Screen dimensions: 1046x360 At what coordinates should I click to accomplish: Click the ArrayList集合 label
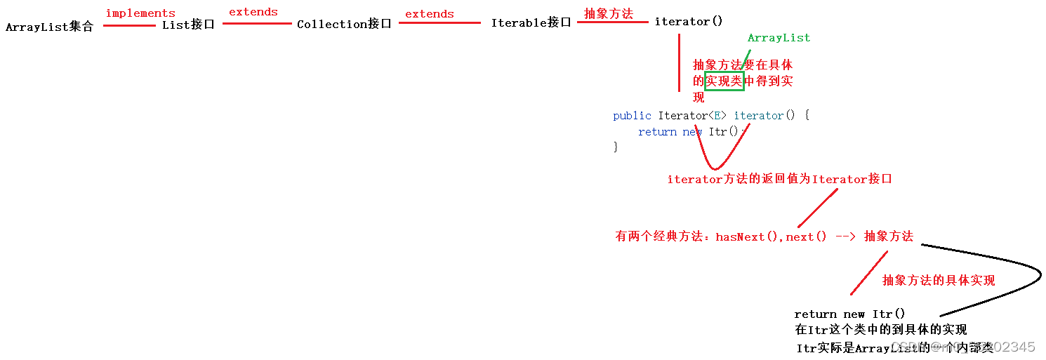pos(49,27)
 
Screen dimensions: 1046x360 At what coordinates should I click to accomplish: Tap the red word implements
pos(140,13)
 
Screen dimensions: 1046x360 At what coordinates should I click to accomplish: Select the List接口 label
pos(188,25)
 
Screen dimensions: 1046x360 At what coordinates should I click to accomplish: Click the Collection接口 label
pos(344,24)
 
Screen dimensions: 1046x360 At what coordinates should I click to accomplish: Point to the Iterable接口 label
pos(531,22)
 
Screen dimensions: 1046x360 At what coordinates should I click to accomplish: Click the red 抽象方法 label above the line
pos(609,13)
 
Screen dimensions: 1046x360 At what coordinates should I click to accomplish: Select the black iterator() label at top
pos(688,22)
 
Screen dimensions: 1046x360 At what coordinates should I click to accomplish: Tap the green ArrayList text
pos(779,38)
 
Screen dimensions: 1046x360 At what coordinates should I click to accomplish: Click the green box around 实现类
pos(724,81)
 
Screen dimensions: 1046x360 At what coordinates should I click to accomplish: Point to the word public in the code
pos(632,116)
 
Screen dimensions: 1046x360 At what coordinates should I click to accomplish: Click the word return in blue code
pos(657,132)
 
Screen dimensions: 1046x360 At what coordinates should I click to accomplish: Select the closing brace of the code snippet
pos(616,147)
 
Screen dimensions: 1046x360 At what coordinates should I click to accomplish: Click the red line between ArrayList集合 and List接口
pos(129,26)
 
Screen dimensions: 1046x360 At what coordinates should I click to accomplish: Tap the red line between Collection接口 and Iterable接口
pos(439,23)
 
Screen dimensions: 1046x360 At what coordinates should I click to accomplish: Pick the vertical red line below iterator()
pos(679,63)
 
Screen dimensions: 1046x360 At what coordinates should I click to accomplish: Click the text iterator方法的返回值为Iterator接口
pos(779,180)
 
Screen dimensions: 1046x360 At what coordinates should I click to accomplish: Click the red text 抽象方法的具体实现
pos(939,281)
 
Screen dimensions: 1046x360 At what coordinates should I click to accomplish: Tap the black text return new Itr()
pos(849,314)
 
